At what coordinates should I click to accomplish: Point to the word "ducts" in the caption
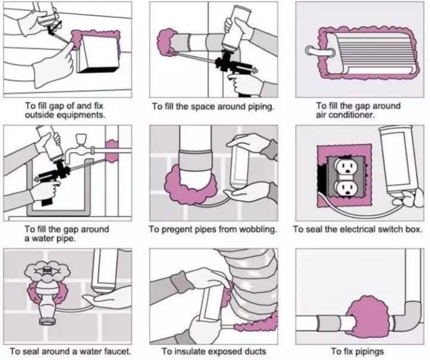[x=253, y=351]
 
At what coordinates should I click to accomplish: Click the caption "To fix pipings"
[x=357, y=351]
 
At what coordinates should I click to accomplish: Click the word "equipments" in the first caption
[x=83, y=115]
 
